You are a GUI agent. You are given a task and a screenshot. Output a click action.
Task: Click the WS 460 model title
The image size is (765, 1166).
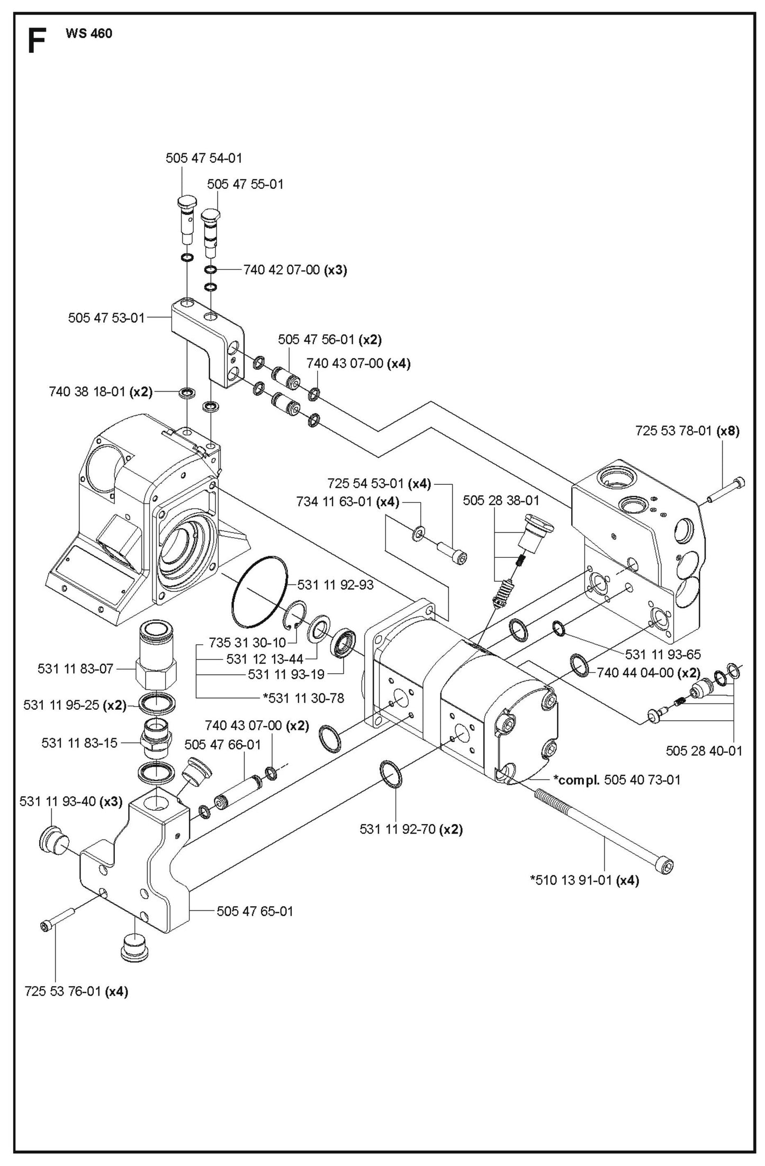coord(88,34)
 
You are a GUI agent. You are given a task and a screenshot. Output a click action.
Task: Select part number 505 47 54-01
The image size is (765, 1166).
coord(204,158)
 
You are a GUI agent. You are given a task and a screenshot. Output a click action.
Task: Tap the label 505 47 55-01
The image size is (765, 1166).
coord(245,184)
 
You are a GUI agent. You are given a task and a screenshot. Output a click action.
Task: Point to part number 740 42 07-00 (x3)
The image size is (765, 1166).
coord(295,270)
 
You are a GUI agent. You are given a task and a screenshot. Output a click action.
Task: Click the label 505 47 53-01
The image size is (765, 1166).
coord(106,318)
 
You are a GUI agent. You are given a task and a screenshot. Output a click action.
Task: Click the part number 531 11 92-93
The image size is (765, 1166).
coord(335,585)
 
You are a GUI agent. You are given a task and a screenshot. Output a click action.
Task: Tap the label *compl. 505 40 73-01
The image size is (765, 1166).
coord(617,780)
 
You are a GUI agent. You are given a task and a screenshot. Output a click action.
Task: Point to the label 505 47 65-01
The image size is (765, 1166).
coord(255,911)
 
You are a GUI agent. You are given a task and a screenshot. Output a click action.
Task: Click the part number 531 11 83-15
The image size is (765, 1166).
coord(79,743)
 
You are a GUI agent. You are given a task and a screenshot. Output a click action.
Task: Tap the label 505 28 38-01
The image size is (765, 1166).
coord(501,500)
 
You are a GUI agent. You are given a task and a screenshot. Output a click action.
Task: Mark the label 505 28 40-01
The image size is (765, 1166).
coord(704,751)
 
